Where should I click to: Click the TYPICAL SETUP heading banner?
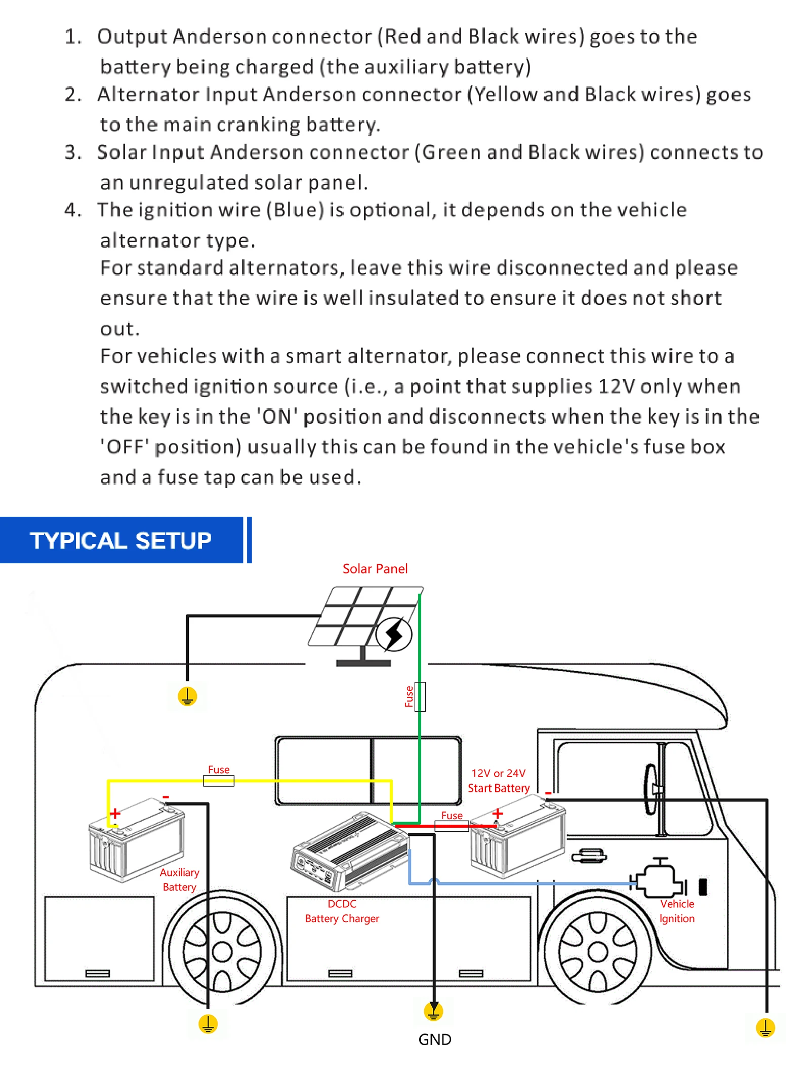tap(121, 540)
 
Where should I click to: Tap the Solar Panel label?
tap(375, 569)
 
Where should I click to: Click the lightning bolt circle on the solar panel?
tap(394, 634)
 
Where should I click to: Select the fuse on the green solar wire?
tap(420, 697)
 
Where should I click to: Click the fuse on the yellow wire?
tap(219, 781)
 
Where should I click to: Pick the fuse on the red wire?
tap(452, 826)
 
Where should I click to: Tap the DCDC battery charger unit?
tap(349, 851)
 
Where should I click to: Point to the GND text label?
tap(435, 1040)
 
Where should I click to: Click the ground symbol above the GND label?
tap(433, 1011)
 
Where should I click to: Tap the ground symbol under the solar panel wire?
tap(187, 697)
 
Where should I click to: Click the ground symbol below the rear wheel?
tap(208, 1024)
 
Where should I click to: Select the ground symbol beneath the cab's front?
tap(765, 1028)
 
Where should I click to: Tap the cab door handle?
tap(589, 856)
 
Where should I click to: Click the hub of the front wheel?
tap(597, 952)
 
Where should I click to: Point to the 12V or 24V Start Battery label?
tap(499, 781)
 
